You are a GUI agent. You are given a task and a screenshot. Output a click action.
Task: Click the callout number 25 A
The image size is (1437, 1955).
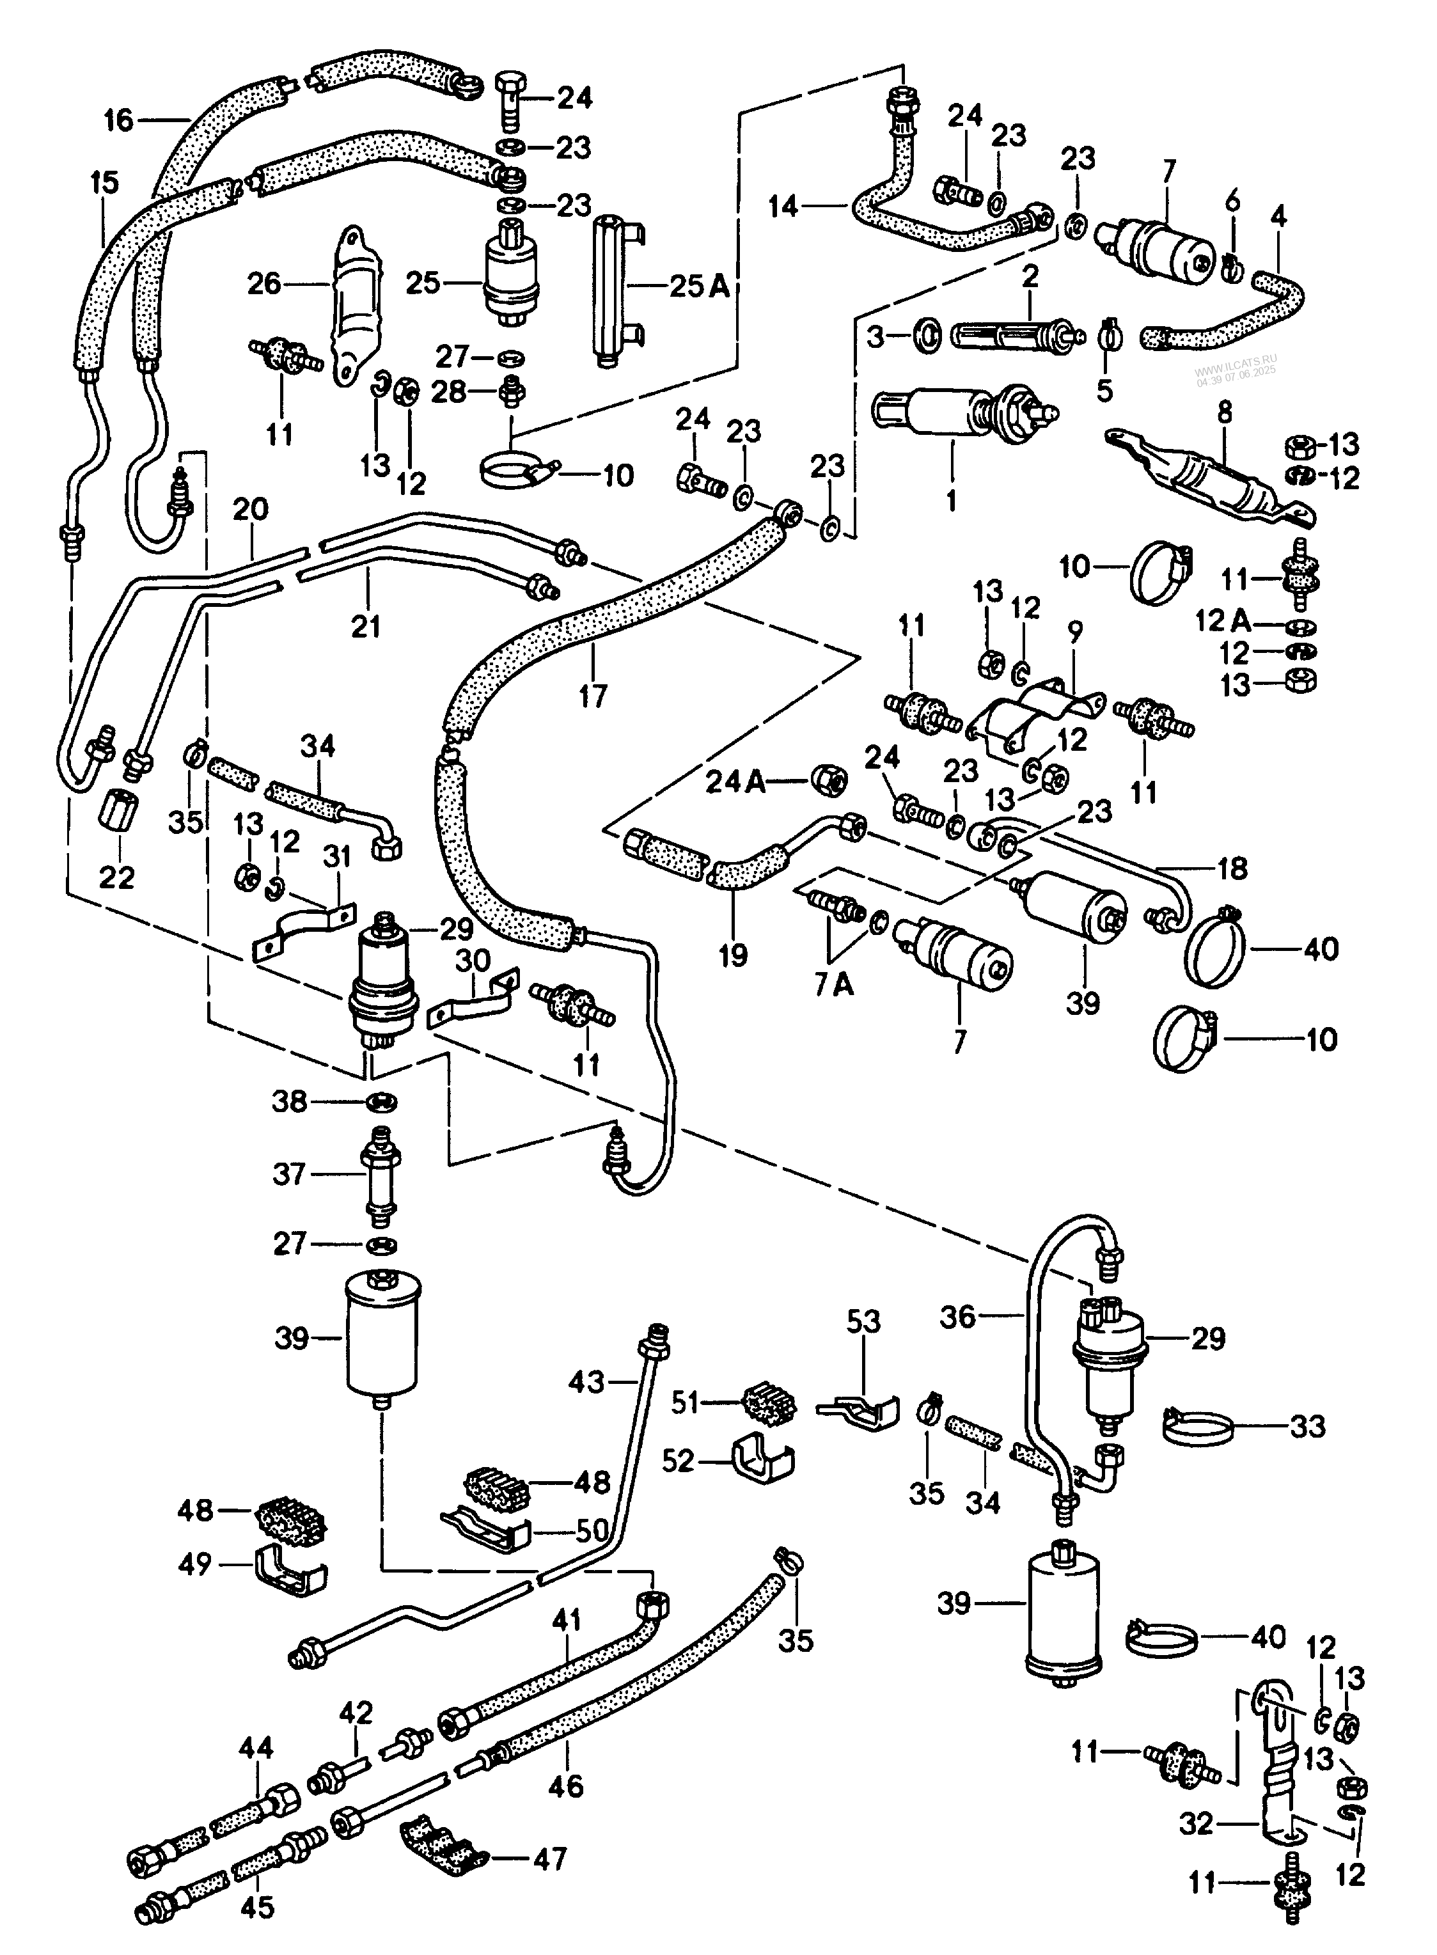click(x=700, y=285)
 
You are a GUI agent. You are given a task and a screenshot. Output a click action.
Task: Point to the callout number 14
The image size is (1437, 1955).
click(x=784, y=207)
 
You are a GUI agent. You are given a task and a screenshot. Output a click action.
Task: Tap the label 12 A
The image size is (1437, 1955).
click(x=1224, y=621)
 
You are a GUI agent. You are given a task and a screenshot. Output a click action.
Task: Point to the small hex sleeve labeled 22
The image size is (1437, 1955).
click(x=116, y=816)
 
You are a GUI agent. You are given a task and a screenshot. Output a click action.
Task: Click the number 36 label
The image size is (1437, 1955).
click(x=959, y=1317)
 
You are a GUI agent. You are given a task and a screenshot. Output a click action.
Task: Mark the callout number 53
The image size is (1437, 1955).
click(x=864, y=1322)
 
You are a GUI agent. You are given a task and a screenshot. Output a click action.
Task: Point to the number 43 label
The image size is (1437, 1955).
click(x=586, y=1381)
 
